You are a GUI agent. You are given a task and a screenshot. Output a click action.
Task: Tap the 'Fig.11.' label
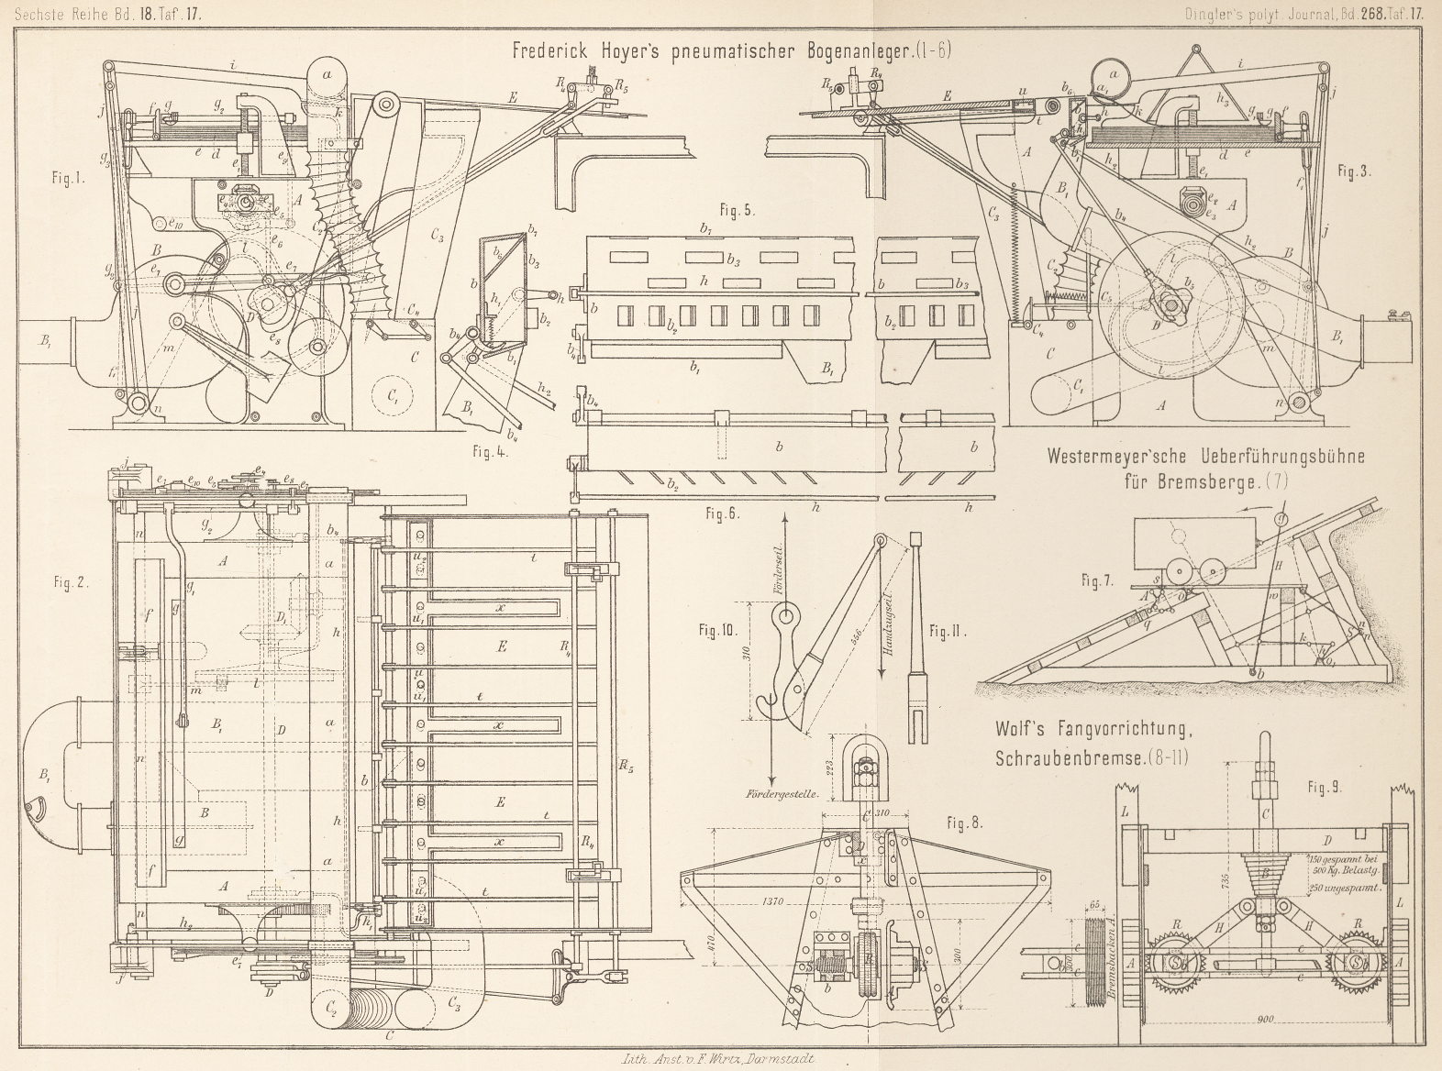coord(950,631)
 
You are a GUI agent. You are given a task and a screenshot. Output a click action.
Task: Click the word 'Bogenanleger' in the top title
coord(851,51)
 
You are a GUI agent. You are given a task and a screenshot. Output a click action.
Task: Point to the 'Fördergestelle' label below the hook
coord(783,796)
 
